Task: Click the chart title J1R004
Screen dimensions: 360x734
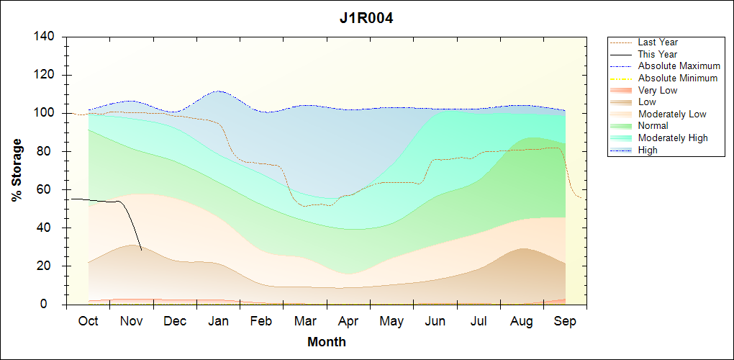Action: pyautogui.click(x=366, y=17)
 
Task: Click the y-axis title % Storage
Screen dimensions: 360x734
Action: pyautogui.click(x=17, y=174)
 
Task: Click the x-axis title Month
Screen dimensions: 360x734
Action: pyautogui.click(x=327, y=342)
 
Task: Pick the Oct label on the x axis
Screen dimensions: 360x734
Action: pyautogui.click(x=88, y=321)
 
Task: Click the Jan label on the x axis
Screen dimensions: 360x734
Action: pyautogui.click(x=218, y=321)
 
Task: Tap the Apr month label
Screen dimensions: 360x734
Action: pyautogui.click(x=348, y=321)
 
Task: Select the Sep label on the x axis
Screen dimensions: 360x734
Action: pyautogui.click(x=565, y=321)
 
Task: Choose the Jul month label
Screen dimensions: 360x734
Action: pyautogui.click(x=478, y=321)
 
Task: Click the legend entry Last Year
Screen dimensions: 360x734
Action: pyautogui.click(x=658, y=42)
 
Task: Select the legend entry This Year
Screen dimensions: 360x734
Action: pyautogui.click(x=658, y=54)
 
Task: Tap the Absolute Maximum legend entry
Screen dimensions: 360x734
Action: pyautogui.click(x=679, y=66)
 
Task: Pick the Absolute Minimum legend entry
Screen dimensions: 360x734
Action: pyautogui.click(x=678, y=78)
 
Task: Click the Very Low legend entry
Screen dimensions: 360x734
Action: pyautogui.click(x=658, y=91)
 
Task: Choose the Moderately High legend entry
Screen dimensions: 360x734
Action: pyautogui.click(x=673, y=138)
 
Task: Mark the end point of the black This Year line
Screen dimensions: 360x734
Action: pyautogui.click(x=142, y=250)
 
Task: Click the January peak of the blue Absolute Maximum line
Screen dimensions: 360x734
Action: pyautogui.click(x=219, y=91)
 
